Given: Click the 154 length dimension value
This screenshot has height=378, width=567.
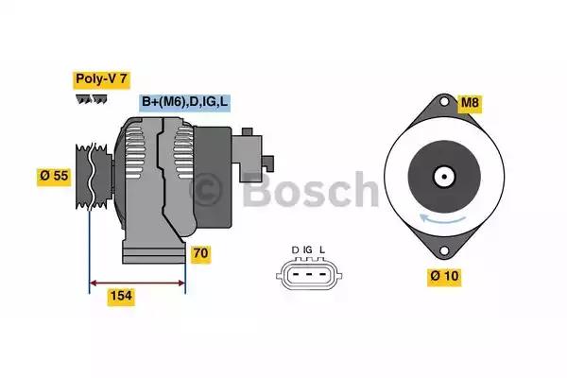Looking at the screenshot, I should pyautogui.click(x=121, y=297).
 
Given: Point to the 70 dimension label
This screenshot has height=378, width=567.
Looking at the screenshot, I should pyautogui.click(x=199, y=253).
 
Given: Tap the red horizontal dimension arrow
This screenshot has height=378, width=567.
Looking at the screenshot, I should pyautogui.click(x=137, y=282).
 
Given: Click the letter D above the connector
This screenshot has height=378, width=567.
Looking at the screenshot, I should pyautogui.click(x=295, y=249).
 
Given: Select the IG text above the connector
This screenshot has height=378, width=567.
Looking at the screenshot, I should pyautogui.click(x=308, y=249).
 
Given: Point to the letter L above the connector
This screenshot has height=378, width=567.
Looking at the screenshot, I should pyautogui.click(x=322, y=249).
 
